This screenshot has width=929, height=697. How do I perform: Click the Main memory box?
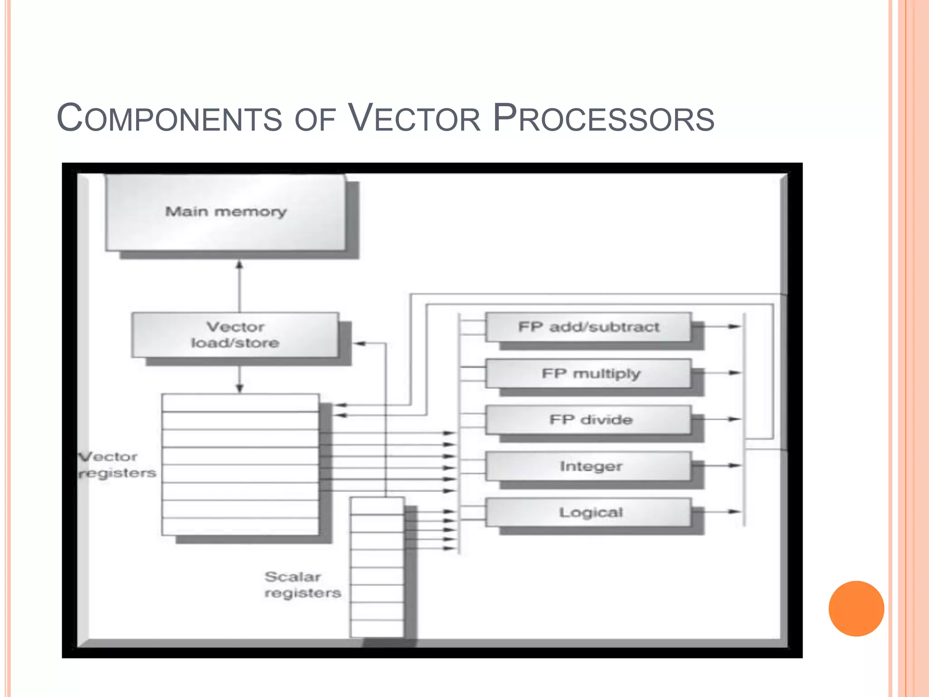pos(225,212)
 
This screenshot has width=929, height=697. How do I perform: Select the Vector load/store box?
pos(235,335)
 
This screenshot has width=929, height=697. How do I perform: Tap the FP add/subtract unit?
pos(588,327)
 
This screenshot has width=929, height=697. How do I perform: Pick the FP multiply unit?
pos(588,373)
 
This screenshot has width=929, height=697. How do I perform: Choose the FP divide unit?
pos(588,420)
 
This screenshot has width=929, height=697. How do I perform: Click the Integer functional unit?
pos(588,466)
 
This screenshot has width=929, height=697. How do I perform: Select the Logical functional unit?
pos(588,512)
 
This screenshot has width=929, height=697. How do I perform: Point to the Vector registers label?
pos(117,465)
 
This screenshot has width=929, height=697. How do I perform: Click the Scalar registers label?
pos(302,585)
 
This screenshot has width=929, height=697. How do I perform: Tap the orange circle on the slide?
pos(856,609)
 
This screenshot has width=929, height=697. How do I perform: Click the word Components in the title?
pos(169,118)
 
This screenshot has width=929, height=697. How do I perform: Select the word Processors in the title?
pos(603,118)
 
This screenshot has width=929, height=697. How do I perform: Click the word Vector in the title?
pos(414,118)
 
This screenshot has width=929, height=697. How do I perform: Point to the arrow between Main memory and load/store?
pos(240,286)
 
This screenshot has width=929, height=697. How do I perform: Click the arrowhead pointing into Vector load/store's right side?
pos(359,344)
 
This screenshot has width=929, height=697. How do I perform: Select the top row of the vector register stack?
pos(240,403)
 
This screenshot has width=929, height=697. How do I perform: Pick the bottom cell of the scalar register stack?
pos(377,628)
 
